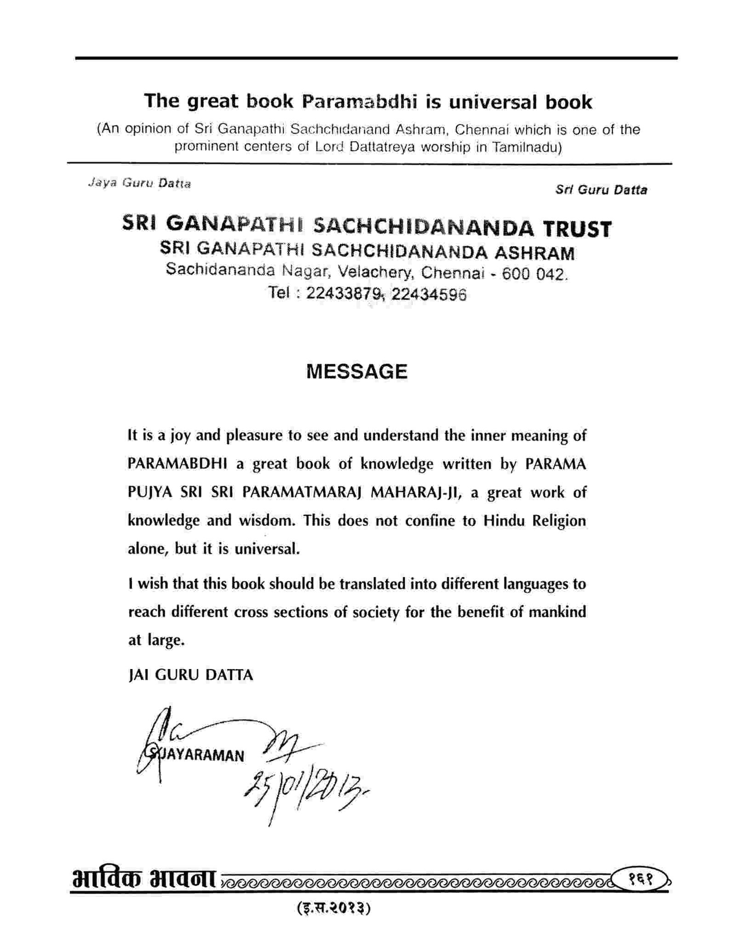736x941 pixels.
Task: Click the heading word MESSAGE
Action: pyautogui.click(x=356, y=371)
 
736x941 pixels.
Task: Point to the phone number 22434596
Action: pyautogui.click(x=429, y=294)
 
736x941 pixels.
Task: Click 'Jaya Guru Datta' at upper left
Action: pyautogui.click(x=139, y=183)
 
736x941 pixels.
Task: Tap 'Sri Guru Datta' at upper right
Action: pyautogui.click(x=601, y=190)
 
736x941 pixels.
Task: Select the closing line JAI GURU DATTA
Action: pyautogui.click(x=190, y=675)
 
